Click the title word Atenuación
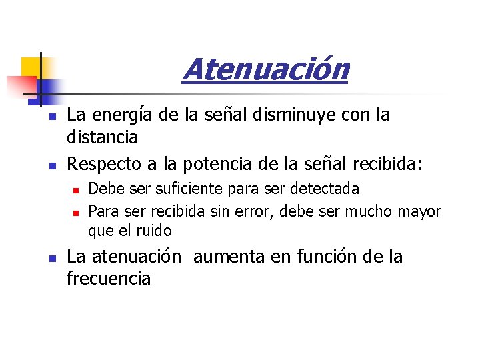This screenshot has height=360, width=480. point(265,69)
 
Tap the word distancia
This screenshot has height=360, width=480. point(103,137)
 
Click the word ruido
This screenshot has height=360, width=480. point(155,231)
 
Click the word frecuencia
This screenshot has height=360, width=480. point(109,279)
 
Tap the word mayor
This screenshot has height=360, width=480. point(421,212)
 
